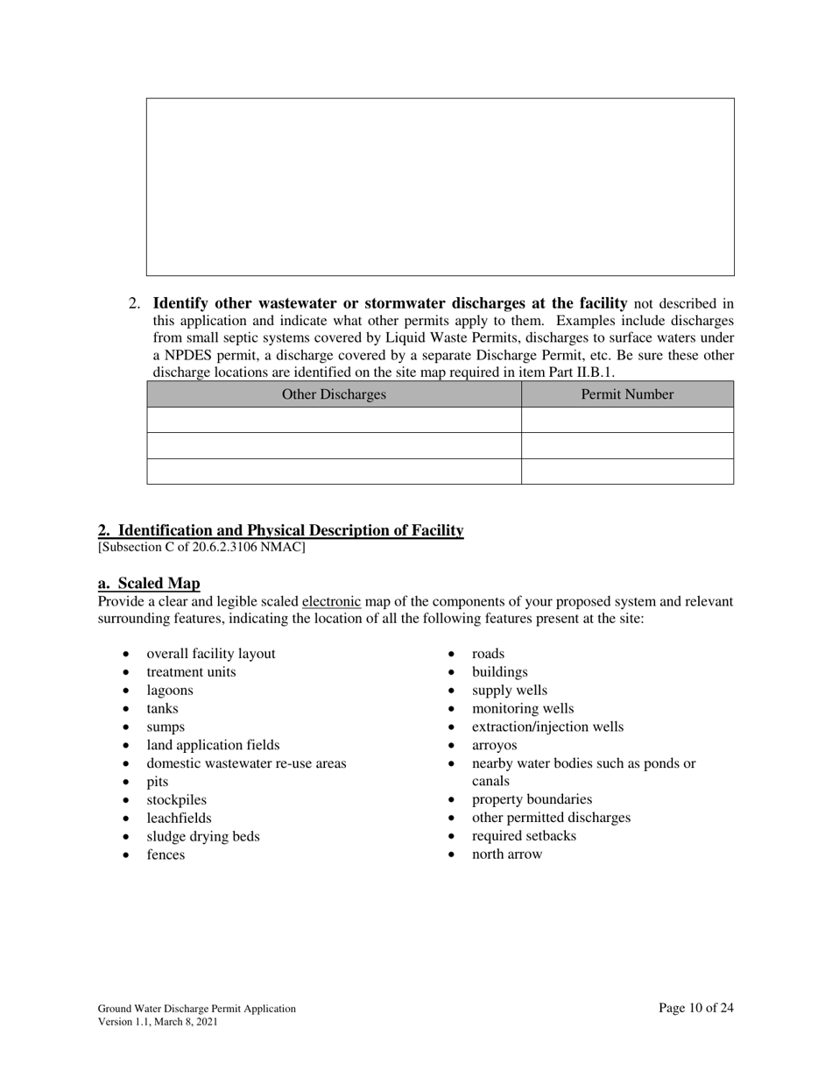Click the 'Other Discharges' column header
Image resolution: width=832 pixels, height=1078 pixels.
[334, 394]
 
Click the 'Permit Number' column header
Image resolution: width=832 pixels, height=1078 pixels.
[627, 394]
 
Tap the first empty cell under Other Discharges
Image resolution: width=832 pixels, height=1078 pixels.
[334, 420]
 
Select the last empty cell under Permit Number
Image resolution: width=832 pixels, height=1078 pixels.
[627, 472]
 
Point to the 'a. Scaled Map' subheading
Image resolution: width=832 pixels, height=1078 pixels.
[149, 584]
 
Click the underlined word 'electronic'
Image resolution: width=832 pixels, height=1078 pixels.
[331, 602]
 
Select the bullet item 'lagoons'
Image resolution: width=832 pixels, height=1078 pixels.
[170, 691]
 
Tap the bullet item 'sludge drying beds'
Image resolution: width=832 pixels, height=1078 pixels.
[203, 836]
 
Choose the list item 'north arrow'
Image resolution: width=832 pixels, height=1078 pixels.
[507, 855]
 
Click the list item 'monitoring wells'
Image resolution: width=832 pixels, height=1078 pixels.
[523, 708]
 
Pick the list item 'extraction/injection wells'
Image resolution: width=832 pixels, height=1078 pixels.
[547, 727]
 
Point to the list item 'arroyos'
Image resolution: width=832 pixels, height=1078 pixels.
[494, 745]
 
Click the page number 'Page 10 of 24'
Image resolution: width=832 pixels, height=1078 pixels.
[695, 1008]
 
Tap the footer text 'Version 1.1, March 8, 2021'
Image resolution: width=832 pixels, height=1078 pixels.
[158, 1022]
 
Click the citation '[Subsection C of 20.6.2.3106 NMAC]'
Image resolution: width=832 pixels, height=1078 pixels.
[201, 548]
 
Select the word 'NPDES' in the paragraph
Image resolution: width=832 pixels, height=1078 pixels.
[190, 356]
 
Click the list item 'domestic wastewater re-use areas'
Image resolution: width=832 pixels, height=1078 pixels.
[246, 763]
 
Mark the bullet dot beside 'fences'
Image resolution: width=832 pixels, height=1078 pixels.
[128, 855]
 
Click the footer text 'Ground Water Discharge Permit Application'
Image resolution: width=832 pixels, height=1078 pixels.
[196, 1009]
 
